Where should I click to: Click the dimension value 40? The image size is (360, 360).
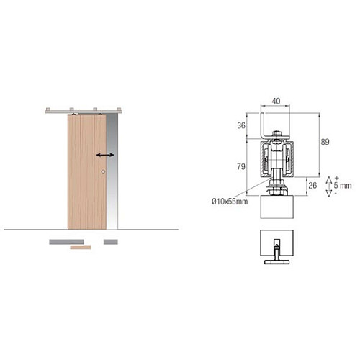point(276,101)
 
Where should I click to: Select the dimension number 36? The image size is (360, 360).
point(241,125)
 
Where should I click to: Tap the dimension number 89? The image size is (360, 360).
point(325,142)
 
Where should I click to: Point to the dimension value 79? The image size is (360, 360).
point(241,166)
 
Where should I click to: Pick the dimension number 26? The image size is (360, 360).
point(312,185)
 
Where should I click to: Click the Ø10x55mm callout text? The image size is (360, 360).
point(230,201)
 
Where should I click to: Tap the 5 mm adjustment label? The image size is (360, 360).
point(343,185)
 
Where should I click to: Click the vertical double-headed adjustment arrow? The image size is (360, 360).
point(329,186)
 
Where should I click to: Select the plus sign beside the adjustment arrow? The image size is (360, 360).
point(336,178)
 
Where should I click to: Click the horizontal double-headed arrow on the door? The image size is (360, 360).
point(105,155)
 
